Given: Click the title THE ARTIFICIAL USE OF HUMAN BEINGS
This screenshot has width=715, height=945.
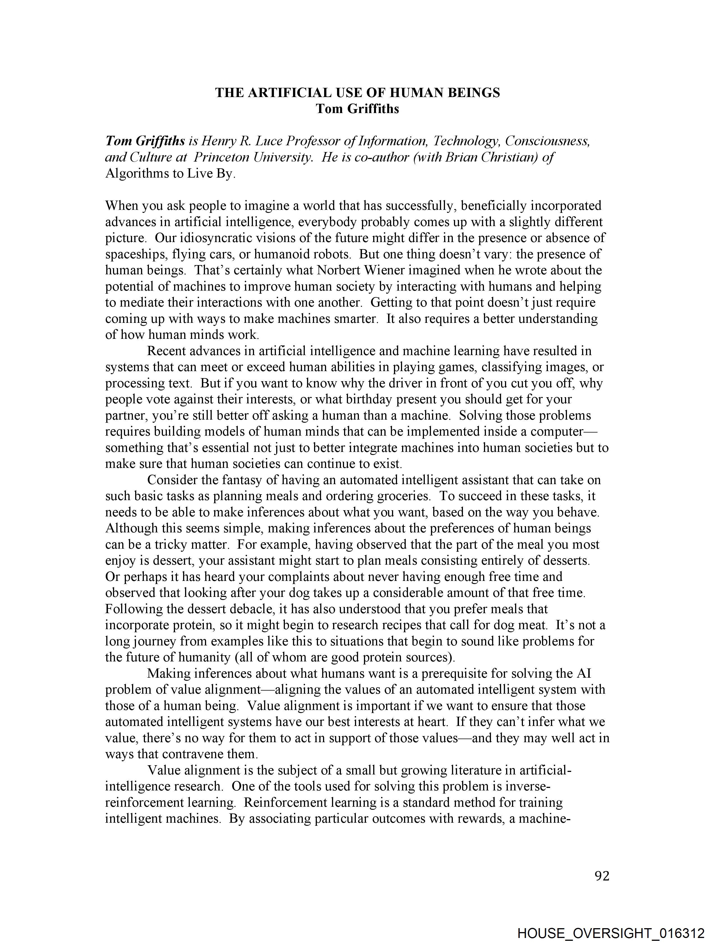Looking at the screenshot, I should tap(357, 93).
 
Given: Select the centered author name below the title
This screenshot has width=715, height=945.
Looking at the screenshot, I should tap(357, 109).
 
